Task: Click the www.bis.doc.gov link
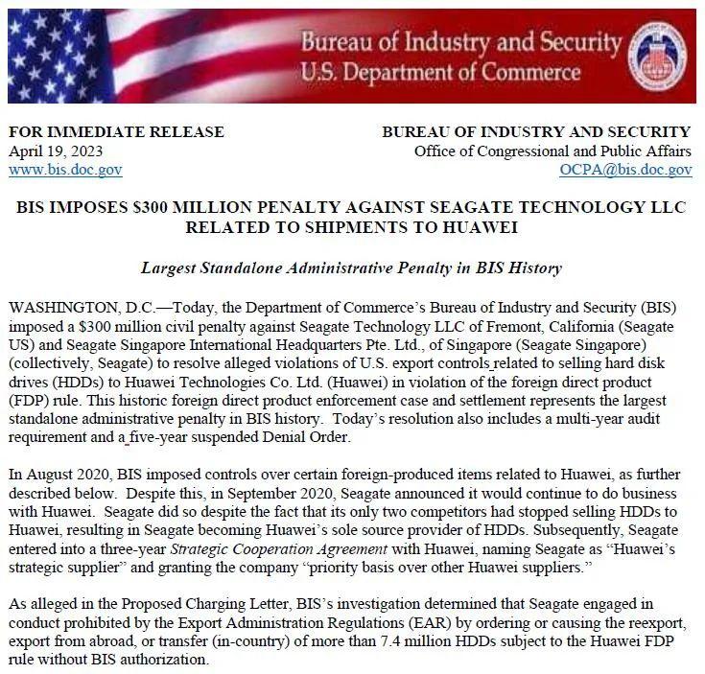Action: coord(65,170)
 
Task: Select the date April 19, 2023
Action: coord(56,151)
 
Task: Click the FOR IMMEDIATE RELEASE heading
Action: coord(116,132)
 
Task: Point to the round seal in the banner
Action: coord(658,55)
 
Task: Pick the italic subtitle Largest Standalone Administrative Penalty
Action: coord(351,269)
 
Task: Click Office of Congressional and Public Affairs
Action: coord(552,151)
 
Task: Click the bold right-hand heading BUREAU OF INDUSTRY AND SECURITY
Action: coord(536,132)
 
